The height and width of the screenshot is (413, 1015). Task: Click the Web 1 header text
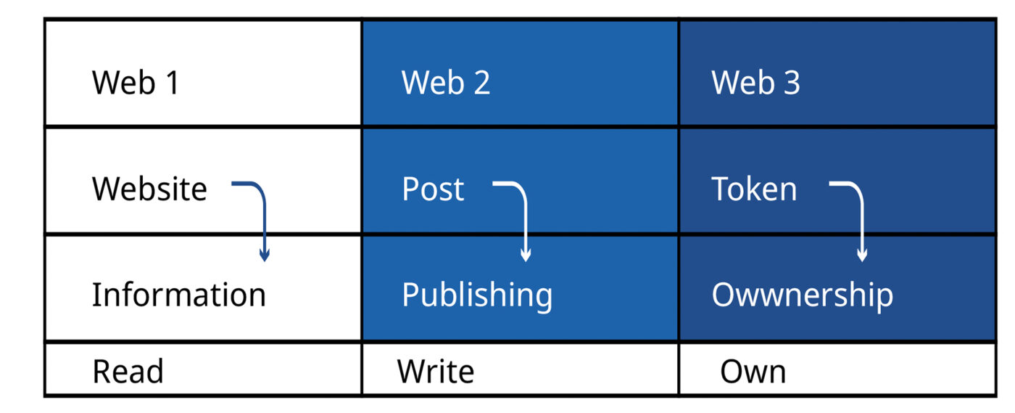click(x=135, y=83)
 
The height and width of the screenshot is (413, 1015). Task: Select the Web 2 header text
click(x=445, y=83)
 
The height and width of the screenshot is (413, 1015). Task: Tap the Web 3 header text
click(x=755, y=83)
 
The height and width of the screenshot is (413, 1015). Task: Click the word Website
click(x=149, y=189)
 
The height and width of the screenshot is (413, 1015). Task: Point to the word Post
click(x=433, y=189)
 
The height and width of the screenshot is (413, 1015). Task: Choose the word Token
click(x=754, y=189)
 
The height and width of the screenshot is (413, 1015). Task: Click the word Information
click(x=178, y=295)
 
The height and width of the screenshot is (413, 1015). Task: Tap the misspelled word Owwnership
click(x=802, y=295)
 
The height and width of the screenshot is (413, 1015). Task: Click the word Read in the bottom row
click(x=128, y=372)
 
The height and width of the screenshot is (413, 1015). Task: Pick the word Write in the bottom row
click(x=436, y=372)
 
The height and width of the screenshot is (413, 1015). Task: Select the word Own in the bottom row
click(x=753, y=372)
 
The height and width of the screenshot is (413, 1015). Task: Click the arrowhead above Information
click(x=265, y=255)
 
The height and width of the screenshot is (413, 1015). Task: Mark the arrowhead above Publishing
click(x=526, y=255)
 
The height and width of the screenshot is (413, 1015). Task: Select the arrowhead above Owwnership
click(x=862, y=255)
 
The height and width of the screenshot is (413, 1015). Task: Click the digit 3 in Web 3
click(x=792, y=83)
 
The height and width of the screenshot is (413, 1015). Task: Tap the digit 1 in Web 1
click(x=171, y=83)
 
